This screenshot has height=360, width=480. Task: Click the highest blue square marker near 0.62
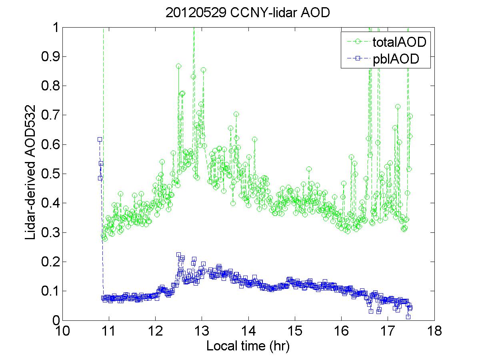[100, 139]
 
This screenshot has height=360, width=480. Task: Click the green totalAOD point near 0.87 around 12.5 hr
[178, 66]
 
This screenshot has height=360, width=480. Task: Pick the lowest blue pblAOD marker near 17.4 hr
[408, 317]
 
